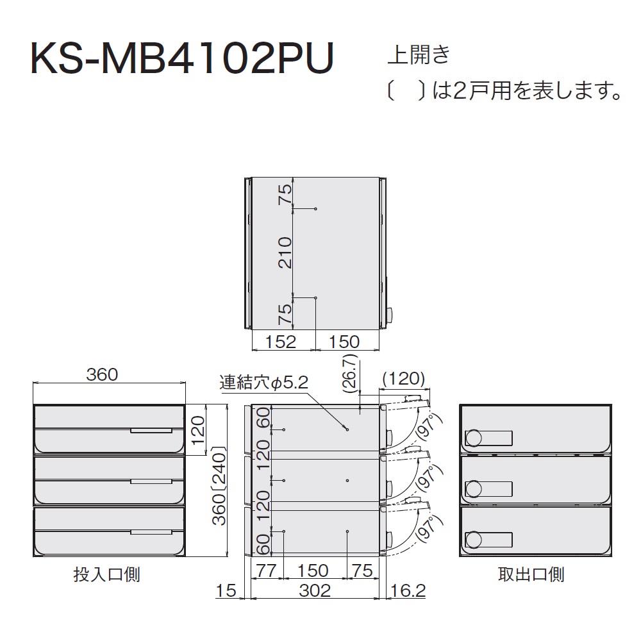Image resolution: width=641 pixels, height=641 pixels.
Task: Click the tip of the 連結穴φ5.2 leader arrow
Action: point(347,429)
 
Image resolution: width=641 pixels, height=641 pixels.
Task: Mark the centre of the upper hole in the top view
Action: point(315,209)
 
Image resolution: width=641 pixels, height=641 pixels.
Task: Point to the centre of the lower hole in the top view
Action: point(315,297)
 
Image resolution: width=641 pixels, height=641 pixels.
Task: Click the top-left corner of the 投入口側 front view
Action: point(33,404)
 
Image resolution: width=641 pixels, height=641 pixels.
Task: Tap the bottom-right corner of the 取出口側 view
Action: point(612,556)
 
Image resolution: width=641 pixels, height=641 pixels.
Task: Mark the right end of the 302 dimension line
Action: point(379,599)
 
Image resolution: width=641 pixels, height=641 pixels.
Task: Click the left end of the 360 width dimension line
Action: point(33,383)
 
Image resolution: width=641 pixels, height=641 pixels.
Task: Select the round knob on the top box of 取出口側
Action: point(474,438)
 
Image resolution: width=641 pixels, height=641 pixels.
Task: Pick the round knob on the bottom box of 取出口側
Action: point(474,540)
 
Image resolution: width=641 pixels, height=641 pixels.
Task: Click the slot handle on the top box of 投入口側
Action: point(151,431)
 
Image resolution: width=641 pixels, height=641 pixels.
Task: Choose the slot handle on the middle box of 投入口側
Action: point(151,481)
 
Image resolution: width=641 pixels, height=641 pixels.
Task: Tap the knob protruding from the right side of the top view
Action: point(389,315)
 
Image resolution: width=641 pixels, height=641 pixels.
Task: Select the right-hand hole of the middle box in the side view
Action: point(347,480)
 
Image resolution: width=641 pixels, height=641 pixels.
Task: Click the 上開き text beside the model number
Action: point(419,54)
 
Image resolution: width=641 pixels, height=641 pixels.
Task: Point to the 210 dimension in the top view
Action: point(285,253)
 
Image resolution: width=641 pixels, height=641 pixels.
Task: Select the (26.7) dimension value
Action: point(351,373)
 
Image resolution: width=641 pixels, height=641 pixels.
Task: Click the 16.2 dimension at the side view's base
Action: point(408,590)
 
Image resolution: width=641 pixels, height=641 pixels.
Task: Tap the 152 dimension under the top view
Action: point(281,342)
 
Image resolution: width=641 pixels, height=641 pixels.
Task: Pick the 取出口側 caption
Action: point(531,574)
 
